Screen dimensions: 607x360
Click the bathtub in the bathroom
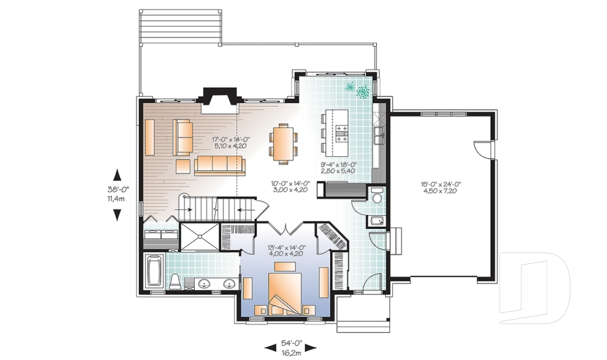coord(154,271)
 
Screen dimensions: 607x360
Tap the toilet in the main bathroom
coord(175,281)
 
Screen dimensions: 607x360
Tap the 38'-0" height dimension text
coord(118,190)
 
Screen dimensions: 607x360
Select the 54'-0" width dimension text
coord(291,344)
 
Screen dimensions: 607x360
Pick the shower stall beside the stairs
coord(199,237)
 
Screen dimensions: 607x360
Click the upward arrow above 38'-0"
coord(117,175)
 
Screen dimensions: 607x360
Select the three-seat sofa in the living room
coord(219,166)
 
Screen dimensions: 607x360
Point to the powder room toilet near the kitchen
coord(377,196)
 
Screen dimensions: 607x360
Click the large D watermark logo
coord(535,288)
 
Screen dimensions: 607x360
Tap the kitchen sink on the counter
coord(378,135)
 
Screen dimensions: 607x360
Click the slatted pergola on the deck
coord(180,27)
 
